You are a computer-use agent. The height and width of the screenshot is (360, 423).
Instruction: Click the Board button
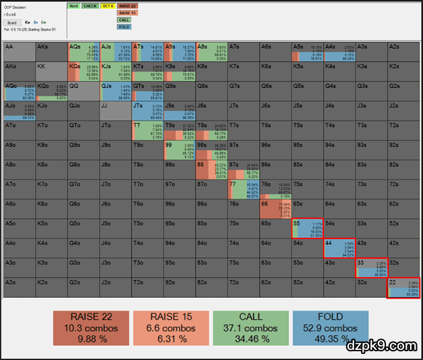tap(12, 22)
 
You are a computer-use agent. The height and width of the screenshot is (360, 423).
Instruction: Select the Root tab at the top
tap(74, 5)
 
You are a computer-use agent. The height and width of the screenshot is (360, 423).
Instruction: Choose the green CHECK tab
tap(91, 5)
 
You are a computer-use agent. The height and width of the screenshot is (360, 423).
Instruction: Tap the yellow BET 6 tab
tap(108, 5)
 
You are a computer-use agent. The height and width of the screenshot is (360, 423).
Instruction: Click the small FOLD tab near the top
tap(124, 27)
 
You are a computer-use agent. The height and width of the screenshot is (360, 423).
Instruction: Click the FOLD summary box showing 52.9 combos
tap(331, 328)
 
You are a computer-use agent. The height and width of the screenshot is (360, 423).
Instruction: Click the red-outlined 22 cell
tap(403, 287)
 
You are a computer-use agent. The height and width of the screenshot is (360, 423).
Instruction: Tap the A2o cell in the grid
tap(19, 287)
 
